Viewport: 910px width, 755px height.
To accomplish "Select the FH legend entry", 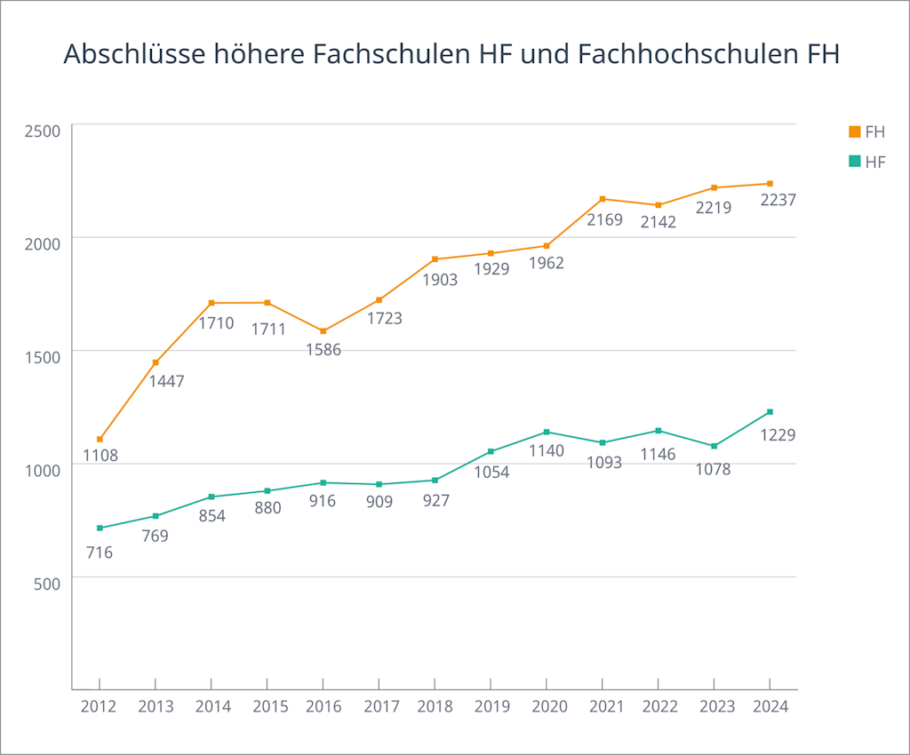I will (866, 131).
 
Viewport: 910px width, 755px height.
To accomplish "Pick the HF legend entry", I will (866, 161).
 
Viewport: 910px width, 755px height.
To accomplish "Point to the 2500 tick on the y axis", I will (42, 131).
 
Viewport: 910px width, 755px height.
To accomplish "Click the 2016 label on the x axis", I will (323, 707).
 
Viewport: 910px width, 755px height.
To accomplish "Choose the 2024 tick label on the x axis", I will (770, 707).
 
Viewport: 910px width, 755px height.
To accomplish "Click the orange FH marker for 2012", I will (100, 439).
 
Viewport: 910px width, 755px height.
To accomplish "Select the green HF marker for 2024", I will (770, 411).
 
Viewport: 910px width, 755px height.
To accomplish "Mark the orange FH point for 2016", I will (323, 331).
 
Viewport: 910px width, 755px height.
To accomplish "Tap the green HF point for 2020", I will (547, 432).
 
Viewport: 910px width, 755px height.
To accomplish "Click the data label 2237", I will (778, 201).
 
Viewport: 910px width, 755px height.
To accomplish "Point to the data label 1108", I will (100, 456).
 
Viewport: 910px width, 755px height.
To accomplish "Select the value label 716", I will (100, 552).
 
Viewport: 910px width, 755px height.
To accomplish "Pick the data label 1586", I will (323, 349).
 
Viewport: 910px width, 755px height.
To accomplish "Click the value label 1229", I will (778, 435).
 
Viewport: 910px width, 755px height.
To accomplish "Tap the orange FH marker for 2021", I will (603, 199).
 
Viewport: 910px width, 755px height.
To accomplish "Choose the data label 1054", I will (491, 472).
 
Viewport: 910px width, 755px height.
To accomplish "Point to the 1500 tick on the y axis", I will (42, 357).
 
